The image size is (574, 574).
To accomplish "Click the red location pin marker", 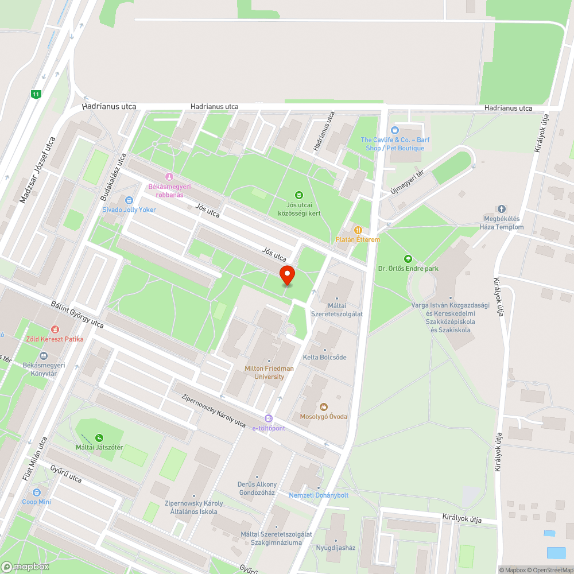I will [286, 275].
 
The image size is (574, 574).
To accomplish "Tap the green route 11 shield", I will [37, 94].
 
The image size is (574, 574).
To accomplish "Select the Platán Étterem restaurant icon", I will [358, 230].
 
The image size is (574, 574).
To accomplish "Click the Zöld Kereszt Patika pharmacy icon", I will [55, 329].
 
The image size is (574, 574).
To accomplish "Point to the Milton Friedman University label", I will [269, 373].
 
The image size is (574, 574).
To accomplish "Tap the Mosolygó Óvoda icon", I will [323, 407].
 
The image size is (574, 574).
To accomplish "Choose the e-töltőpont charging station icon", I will [268, 418].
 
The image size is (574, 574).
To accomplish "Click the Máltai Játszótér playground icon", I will [99, 438].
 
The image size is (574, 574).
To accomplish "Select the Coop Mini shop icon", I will [37, 492].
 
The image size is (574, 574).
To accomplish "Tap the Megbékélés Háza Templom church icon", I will [502, 209].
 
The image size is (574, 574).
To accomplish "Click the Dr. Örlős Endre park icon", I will [408, 259].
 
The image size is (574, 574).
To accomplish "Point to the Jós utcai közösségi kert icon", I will [298, 196].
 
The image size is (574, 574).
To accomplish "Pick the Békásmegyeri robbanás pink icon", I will [169, 177].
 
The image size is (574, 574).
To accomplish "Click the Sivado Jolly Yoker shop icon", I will [129, 200].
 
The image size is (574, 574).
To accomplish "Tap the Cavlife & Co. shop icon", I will [394, 130].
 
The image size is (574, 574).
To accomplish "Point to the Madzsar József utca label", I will [37, 170].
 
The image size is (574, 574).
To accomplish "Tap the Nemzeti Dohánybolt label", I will [319, 495].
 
